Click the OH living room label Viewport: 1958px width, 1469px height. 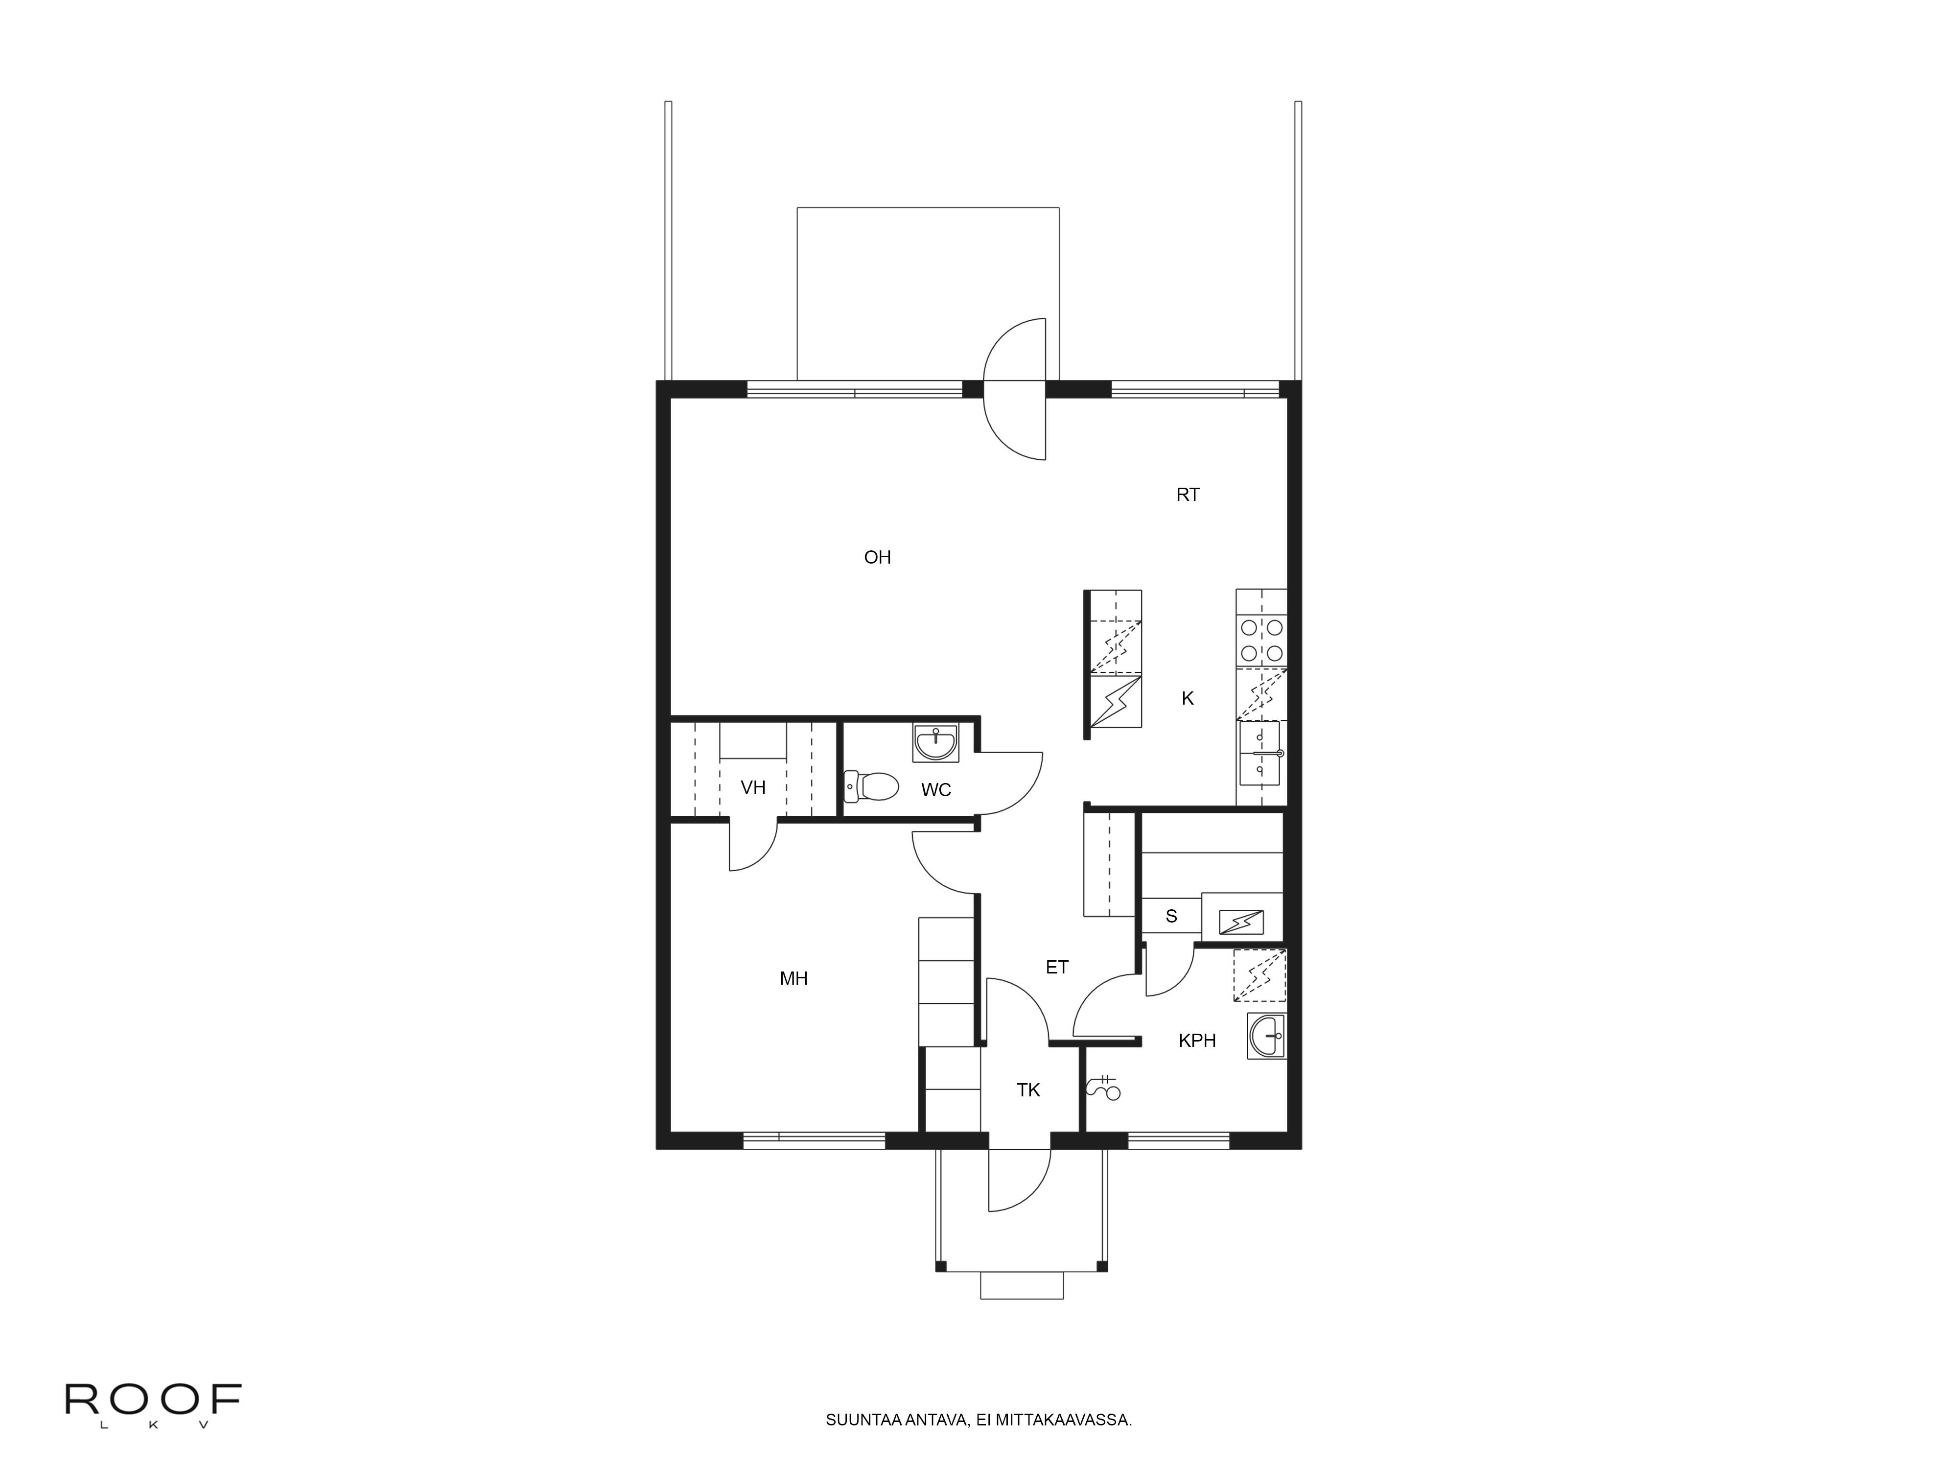[877, 557]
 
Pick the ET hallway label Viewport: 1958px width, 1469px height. [1057, 967]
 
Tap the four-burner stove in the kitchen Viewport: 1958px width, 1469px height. [1261, 640]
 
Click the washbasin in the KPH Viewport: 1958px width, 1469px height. [1267, 1036]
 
